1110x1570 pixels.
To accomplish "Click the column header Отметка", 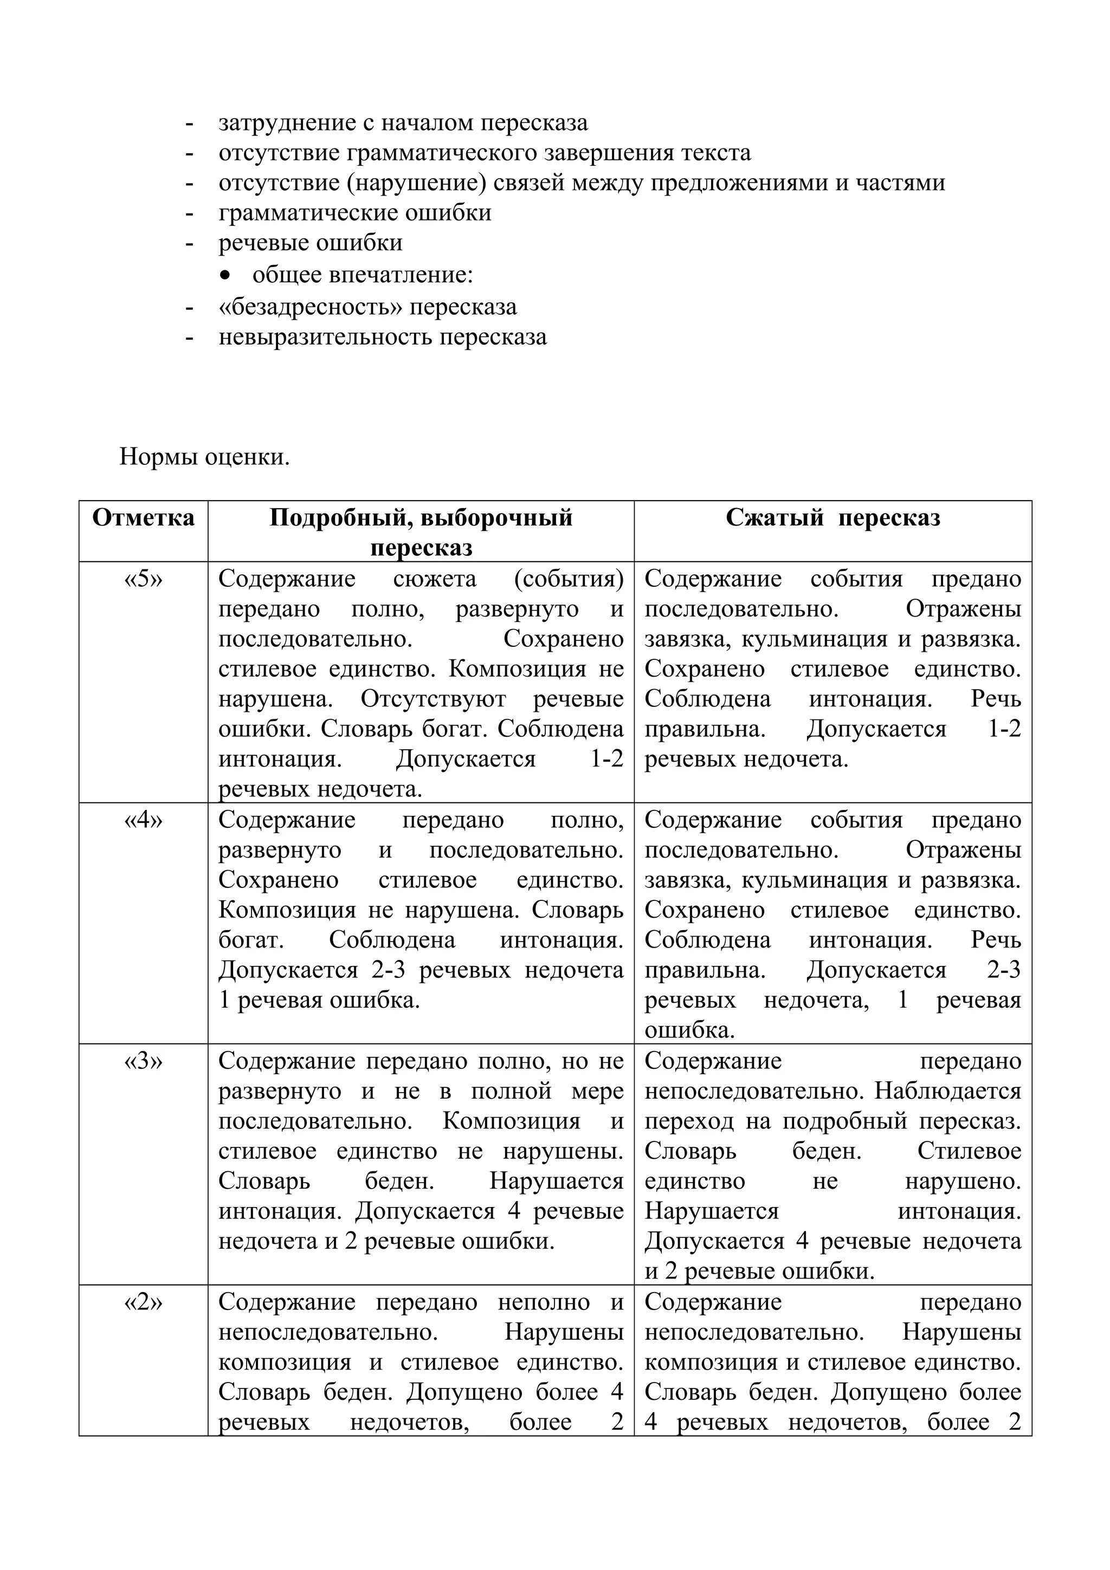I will coord(143,517).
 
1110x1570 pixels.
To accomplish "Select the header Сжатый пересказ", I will coord(832,517).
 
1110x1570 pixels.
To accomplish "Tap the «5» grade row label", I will coord(143,579).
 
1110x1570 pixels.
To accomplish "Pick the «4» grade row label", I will coord(143,819).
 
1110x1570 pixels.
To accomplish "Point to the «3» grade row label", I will coord(143,1061).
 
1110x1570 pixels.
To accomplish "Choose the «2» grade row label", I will coord(143,1301).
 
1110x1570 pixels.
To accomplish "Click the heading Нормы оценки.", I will coord(204,456).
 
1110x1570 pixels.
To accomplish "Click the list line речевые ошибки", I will coord(310,243).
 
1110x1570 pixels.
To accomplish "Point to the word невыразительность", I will coord(325,337).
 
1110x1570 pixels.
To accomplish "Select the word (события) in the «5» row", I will coord(569,579).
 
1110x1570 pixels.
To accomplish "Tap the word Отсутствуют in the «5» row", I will coord(433,699).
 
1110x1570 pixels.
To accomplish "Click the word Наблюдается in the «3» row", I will coord(948,1091).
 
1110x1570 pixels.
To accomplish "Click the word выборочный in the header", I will coord(496,517).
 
